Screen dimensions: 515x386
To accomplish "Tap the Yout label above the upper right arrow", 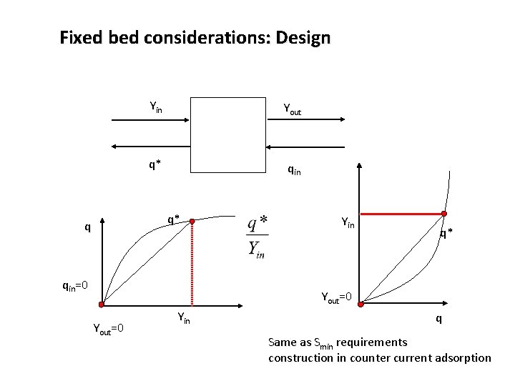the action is click(293, 109).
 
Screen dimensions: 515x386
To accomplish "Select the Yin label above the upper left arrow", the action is click(155, 107).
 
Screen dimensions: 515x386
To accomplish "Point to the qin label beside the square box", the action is click(294, 169).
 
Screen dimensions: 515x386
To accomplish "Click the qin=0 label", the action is click(74, 287).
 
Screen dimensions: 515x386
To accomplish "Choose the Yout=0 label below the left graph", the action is click(109, 328).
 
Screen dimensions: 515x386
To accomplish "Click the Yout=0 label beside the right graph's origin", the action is click(336, 295).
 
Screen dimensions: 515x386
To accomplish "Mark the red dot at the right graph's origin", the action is click(360, 304).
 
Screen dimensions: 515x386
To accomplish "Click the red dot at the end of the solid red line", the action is click(444, 214).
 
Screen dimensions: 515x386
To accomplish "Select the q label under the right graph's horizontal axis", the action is click(439, 319).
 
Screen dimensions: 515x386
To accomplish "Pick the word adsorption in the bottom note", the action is click(462, 357).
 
